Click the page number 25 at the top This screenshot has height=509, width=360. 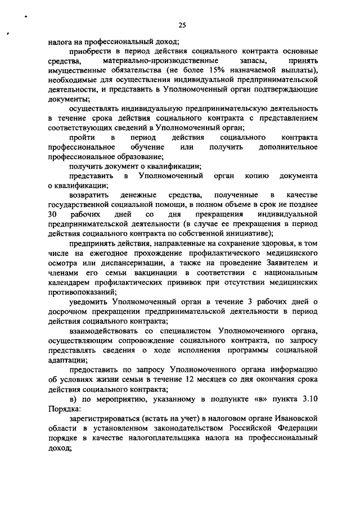click(182, 24)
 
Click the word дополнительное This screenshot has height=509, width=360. click(291, 147)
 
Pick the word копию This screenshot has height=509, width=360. click(258, 176)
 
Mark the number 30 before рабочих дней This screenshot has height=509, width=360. click(53, 214)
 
